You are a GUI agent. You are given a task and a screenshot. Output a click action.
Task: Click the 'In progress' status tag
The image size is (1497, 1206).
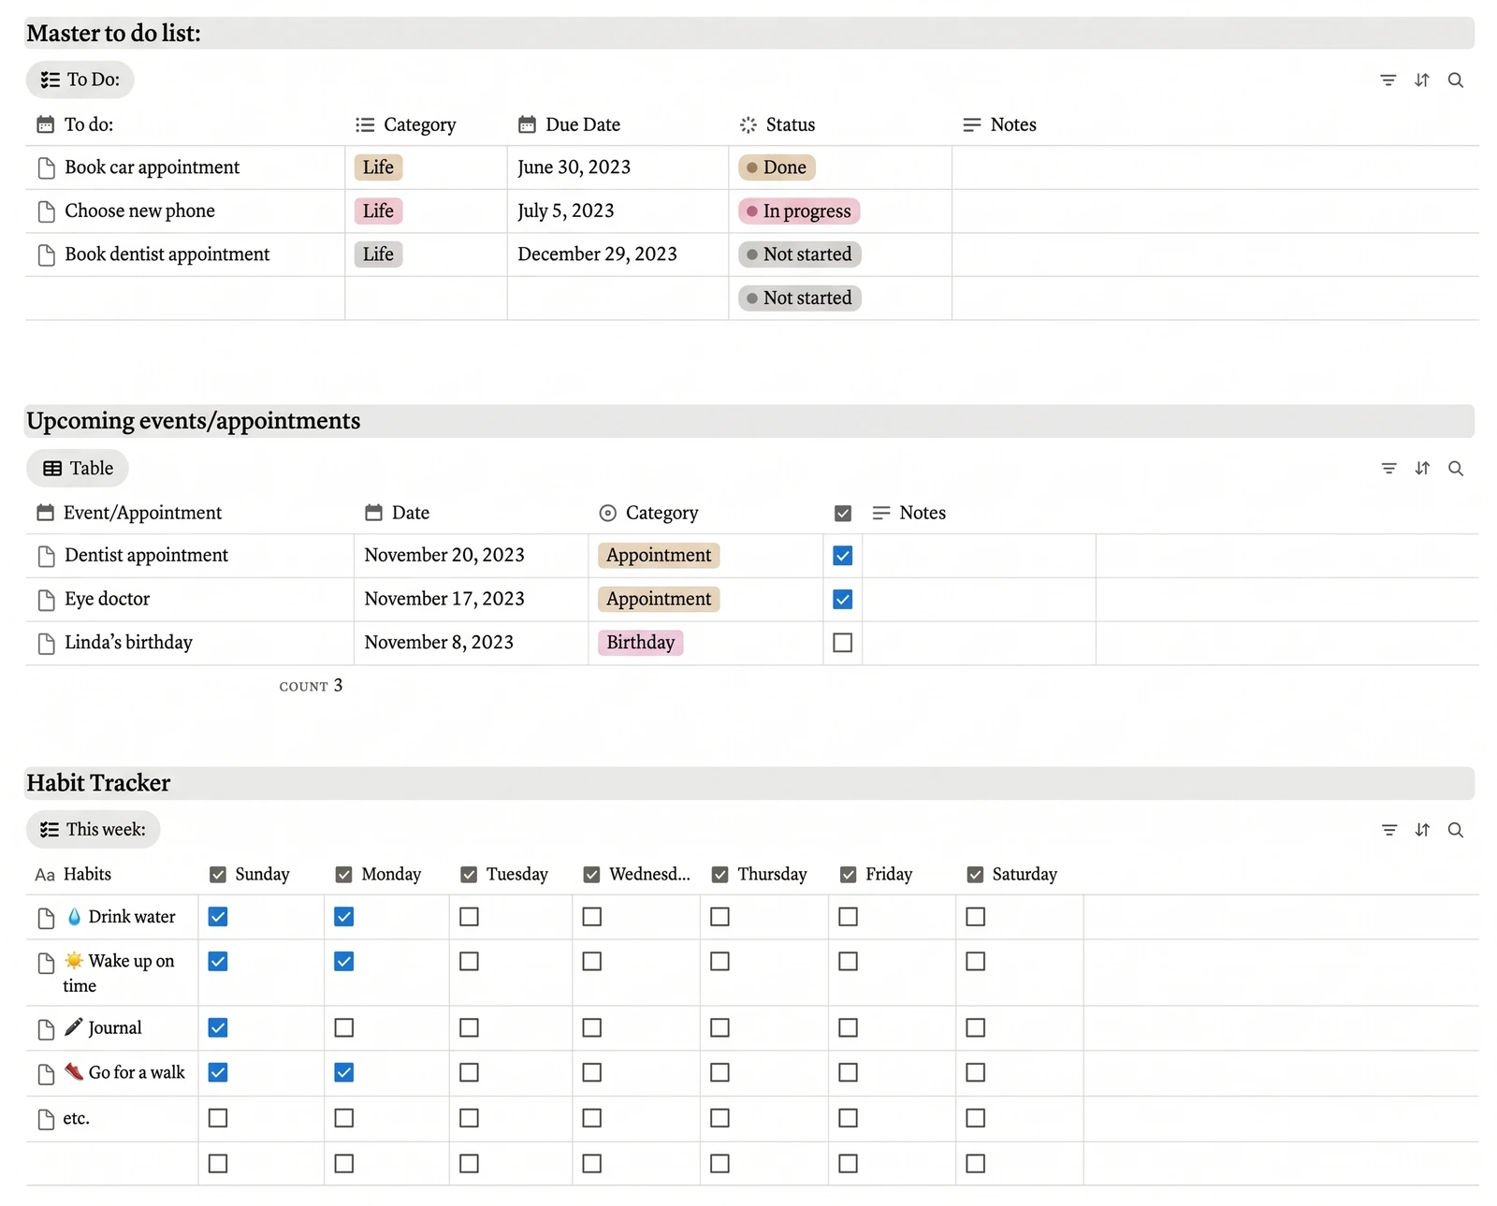tap(799, 211)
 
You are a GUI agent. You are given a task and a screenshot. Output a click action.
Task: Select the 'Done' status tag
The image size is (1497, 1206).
tap(777, 167)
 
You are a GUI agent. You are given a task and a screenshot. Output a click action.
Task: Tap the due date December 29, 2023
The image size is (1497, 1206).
tap(597, 254)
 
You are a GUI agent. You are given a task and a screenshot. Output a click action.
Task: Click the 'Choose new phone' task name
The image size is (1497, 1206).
tap(139, 211)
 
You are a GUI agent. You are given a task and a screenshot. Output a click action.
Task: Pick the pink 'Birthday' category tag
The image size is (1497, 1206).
tap(640, 643)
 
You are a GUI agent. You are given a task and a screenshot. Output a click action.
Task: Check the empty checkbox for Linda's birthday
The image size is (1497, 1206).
tap(842, 643)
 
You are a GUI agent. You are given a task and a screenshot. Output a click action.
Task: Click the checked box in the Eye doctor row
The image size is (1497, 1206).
tap(842, 599)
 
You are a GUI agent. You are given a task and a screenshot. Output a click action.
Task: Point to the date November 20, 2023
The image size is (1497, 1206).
tap(444, 556)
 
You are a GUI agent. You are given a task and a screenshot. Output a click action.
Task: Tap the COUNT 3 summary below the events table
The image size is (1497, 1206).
tap(311, 686)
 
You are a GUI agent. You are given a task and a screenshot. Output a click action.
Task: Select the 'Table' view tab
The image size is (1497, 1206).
tap(78, 469)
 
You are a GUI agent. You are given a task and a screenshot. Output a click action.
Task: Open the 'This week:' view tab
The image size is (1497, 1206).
tap(94, 830)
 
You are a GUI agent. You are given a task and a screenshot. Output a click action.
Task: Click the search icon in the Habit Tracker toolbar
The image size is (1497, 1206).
tap(1455, 830)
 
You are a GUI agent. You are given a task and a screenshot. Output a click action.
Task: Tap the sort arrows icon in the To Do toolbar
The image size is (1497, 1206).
tap(1422, 80)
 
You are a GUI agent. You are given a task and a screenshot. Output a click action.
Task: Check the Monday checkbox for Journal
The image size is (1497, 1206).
tap(343, 1028)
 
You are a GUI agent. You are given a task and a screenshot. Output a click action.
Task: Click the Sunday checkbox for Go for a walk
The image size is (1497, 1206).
tap(218, 1072)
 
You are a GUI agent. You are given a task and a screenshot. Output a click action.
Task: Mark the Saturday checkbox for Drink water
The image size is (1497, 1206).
tap(975, 917)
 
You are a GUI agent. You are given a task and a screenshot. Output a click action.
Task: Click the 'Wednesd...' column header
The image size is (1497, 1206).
tap(637, 875)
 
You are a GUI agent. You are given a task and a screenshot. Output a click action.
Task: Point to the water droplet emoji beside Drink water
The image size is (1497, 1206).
tap(74, 917)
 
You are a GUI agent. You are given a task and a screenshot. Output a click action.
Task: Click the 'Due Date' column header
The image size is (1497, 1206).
tap(569, 124)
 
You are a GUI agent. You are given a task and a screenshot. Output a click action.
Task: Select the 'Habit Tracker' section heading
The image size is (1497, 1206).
tap(98, 783)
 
